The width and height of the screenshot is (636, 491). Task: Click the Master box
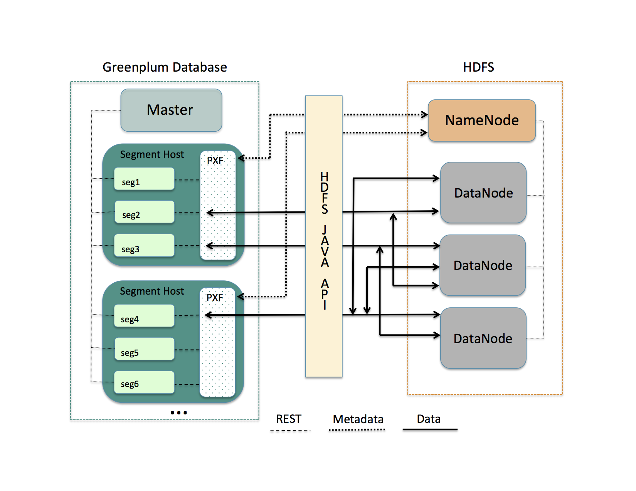[x=171, y=110]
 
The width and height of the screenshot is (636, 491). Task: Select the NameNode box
[x=482, y=121]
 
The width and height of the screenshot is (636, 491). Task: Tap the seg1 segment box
[x=144, y=179]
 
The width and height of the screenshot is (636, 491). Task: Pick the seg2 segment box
[x=144, y=212]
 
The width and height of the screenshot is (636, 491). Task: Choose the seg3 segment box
[x=144, y=246]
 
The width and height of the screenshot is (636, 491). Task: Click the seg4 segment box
[x=144, y=316]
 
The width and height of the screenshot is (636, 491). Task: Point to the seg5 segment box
[x=144, y=349]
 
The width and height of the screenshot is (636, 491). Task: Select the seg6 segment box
[x=144, y=382]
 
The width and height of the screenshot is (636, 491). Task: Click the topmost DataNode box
[x=483, y=193]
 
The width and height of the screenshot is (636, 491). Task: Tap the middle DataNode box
[x=483, y=265]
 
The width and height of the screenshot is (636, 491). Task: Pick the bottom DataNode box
[x=483, y=338]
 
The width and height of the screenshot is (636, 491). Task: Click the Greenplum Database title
[x=165, y=67]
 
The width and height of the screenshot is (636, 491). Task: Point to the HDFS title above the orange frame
[x=478, y=67]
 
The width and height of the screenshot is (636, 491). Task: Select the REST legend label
[x=289, y=419]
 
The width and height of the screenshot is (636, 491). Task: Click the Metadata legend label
[x=358, y=419]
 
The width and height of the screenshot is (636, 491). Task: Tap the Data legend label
[x=429, y=419]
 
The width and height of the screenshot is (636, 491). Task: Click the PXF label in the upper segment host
[x=215, y=161]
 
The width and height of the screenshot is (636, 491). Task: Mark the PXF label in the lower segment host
[x=215, y=298]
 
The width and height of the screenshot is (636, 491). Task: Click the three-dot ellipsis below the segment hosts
[x=179, y=412]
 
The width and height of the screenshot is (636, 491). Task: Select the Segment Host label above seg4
[x=152, y=292]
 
